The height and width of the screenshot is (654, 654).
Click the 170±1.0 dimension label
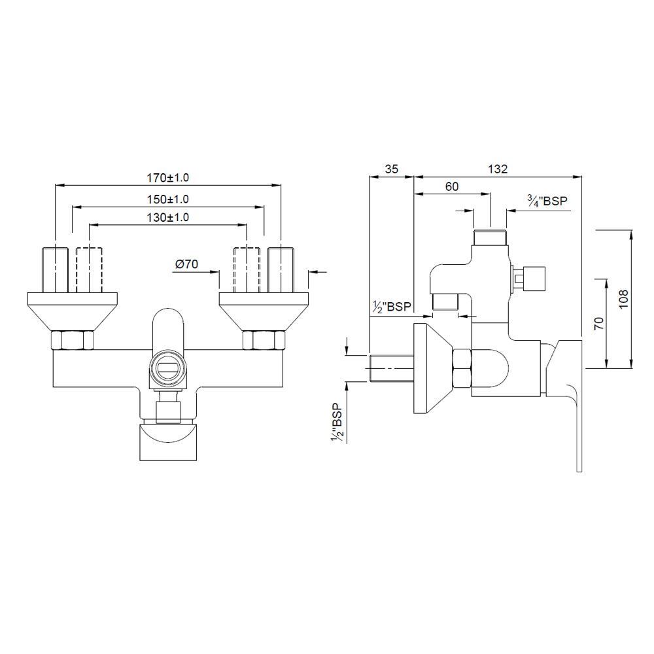click(x=167, y=178)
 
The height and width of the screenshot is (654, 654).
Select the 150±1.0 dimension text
click(x=167, y=199)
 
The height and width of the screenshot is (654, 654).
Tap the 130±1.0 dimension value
click(x=167, y=217)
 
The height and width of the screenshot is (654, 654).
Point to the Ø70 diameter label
click(x=186, y=264)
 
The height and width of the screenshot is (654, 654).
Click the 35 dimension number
click(x=391, y=169)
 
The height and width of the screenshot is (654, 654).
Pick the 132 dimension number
click(x=498, y=169)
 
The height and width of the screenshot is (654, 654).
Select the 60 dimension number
click(x=452, y=186)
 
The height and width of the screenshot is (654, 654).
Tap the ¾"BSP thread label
click(x=547, y=201)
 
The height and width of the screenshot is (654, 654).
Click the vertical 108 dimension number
click(x=623, y=299)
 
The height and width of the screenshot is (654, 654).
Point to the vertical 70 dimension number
click(x=598, y=323)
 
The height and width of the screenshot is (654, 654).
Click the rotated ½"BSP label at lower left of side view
click(x=336, y=423)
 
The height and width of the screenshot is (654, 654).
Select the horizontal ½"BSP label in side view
click(x=392, y=307)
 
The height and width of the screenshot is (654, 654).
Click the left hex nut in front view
click(x=72, y=340)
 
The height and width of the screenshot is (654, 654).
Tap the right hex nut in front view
click(x=264, y=340)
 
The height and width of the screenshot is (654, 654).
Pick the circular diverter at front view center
click(x=169, y=369)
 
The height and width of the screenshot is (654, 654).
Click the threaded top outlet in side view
click(x=490, y=237)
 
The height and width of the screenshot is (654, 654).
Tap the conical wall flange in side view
click(x=433, y=368)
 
